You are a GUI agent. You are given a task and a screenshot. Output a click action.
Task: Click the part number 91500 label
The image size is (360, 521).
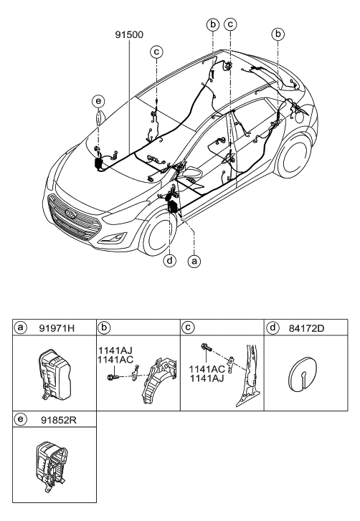tap(129, 34)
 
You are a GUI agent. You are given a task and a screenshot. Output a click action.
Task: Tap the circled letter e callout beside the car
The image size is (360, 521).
tap(98, 101)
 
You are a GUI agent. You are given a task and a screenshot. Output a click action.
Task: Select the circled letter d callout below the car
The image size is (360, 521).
tap(170, 261)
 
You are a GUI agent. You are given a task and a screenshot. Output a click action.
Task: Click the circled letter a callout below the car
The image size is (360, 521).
tap(194, 261)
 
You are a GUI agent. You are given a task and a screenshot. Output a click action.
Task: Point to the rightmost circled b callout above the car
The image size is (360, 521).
tap(278, 34)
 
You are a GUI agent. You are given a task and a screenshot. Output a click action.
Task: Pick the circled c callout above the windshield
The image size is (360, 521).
tap(156, 52)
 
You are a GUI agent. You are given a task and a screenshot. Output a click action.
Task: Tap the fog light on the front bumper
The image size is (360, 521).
tap(114, 238)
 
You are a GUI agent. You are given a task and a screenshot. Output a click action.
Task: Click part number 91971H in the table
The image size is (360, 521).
tap(57, 328)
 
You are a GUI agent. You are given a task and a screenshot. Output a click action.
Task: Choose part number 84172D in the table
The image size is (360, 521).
tap(306, 328)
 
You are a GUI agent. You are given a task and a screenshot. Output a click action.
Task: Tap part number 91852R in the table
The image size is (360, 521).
tap(59, 420)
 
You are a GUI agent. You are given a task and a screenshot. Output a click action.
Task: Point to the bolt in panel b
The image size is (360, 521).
tap(113, 377)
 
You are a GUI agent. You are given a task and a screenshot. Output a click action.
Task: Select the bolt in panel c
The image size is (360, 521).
tap(207, 349)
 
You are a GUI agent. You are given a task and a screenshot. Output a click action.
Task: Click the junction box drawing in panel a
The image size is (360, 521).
tap(55, 374)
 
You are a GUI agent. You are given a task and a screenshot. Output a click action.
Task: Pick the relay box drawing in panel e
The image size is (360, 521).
tap(52, 463)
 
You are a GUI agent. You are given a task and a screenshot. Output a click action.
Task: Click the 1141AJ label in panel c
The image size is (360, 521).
tap(207, 378)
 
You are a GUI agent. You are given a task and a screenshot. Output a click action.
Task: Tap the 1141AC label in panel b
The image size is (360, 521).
tap(115, 359)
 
